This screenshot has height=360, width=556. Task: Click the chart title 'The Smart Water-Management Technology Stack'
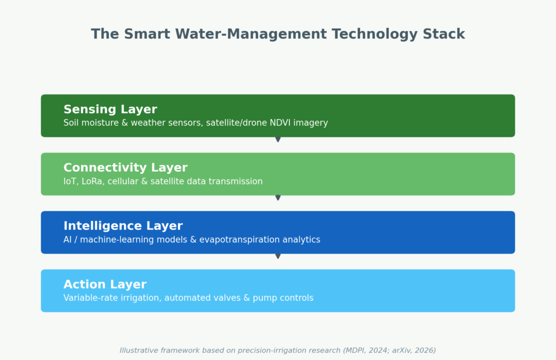[278, 34]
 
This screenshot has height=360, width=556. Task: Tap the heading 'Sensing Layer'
[110, 110]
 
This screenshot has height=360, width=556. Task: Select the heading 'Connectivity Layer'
[125, 168]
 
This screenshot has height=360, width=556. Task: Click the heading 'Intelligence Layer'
[123, 226]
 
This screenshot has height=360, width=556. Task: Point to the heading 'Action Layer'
[105, 285]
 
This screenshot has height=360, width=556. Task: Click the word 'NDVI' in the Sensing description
[280, 123]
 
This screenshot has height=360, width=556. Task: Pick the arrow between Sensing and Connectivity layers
[278, 140]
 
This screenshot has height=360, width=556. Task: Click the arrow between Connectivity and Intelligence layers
[278, 198]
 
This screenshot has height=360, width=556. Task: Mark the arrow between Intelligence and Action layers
[278, 256]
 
